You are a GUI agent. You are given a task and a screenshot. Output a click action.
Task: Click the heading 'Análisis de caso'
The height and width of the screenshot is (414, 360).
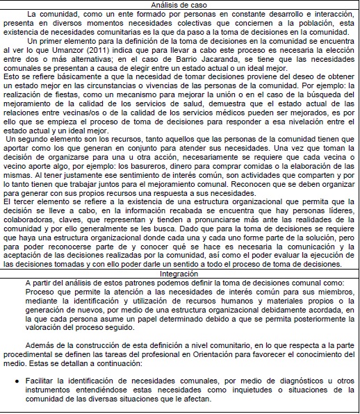tap(179, 5)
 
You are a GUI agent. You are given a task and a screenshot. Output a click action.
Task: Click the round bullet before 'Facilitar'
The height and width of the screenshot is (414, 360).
tap(16, 383)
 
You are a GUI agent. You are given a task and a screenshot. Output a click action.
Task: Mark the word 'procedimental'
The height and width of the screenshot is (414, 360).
tap(47, 354)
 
